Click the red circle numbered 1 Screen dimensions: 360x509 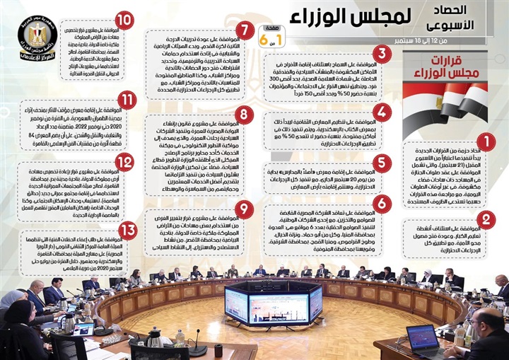[x=486, y=143]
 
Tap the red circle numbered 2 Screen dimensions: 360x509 [x=486, y=219]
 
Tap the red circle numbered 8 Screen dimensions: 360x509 [x=244, y=115]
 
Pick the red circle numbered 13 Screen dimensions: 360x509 [x=126, y=230]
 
